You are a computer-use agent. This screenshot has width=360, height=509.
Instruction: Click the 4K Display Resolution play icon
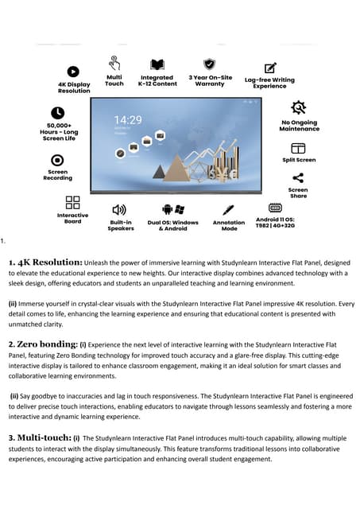73,72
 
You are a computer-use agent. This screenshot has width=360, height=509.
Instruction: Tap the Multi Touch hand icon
114,62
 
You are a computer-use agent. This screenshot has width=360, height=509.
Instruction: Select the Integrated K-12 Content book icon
157,64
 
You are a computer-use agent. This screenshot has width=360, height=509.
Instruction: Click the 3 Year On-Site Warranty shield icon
210,64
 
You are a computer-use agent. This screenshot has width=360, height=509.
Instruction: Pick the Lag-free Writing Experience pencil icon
270,68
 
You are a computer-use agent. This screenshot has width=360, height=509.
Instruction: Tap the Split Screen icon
298,148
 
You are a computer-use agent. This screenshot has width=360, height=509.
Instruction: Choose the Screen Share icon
298,177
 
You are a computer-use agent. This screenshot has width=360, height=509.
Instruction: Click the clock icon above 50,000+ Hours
57,113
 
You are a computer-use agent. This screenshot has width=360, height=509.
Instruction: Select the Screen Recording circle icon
57,159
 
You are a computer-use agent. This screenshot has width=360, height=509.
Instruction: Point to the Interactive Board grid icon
72,203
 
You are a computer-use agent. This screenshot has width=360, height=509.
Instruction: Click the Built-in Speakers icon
120,209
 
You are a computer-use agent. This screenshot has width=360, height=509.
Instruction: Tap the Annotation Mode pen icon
229,209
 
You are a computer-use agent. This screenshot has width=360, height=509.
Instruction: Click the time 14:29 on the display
128,121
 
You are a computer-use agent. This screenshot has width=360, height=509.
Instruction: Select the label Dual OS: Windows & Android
174,225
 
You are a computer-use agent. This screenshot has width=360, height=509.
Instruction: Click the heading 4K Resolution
45,262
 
